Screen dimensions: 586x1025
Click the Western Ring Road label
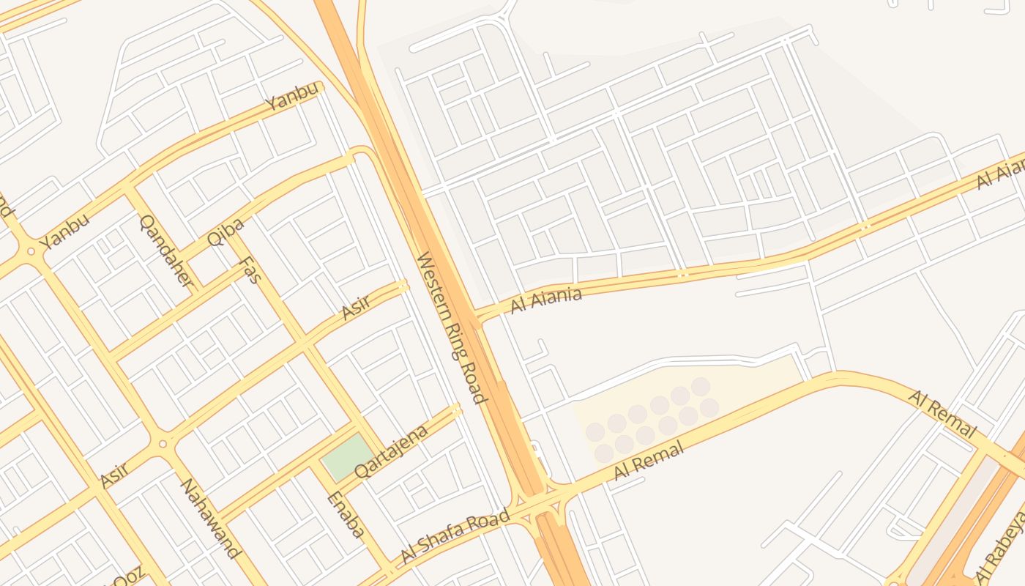pos(451,327)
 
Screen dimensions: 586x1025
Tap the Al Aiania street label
pos(546,300)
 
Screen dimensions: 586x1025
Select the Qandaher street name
pos(168,251)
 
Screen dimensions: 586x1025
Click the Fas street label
pos(251,270)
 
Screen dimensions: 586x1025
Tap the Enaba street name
pos(345,514)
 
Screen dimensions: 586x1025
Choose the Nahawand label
pos(210,518)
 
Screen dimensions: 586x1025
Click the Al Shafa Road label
pos(455,538)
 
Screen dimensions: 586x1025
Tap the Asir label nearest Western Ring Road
pos(357,307)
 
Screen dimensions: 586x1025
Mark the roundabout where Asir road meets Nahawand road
pos(163,442)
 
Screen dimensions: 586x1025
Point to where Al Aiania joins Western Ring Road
pos(477,319)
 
